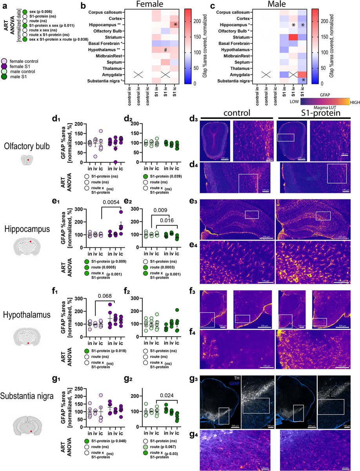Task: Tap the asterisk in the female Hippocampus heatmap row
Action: click(176, 25)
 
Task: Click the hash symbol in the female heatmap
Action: click(166, 50)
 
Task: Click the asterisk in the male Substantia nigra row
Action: click(304, 81)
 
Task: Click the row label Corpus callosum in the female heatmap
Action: click(107, 13)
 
